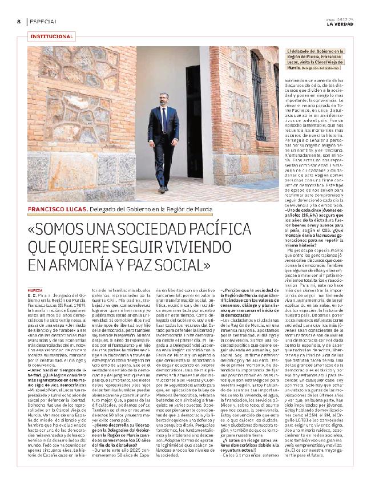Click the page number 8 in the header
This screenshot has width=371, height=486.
point(18,21)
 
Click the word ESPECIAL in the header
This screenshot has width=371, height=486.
point(43,21)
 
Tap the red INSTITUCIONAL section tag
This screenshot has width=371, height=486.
point(51,37)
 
